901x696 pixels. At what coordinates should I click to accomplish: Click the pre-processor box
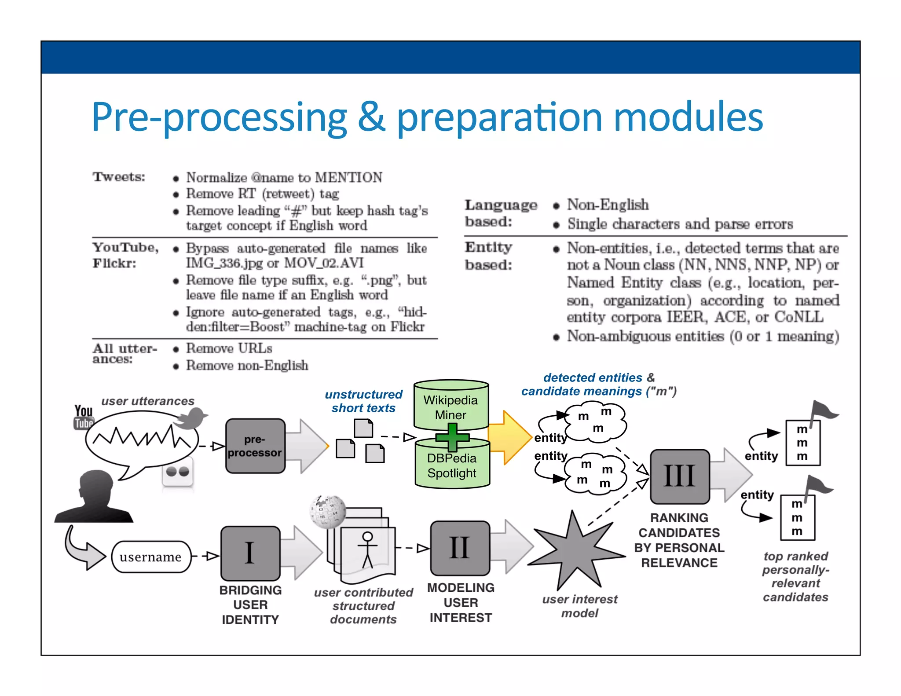pos(255,446)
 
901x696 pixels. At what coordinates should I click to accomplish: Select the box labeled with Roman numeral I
pos(250,553)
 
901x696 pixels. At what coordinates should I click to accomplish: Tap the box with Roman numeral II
pos(460,548)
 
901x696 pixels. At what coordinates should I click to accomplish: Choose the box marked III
pos(679,476)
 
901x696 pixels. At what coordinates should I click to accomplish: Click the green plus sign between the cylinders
pos(452,437)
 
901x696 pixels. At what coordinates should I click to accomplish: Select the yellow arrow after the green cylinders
pos(510,437)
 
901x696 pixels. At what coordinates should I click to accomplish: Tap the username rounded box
pos(151,557)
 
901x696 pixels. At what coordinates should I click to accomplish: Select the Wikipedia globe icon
pos(327,511)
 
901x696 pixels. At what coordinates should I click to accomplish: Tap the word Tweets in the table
pos(118,177)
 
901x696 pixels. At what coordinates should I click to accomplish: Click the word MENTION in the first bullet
pos(348,177)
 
